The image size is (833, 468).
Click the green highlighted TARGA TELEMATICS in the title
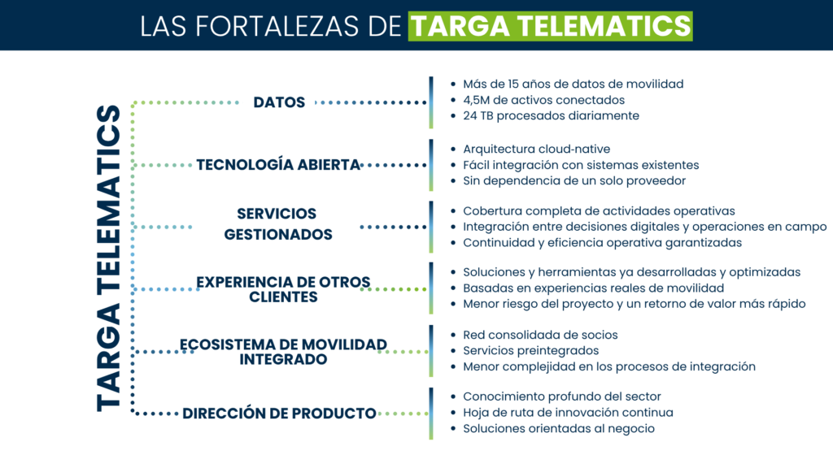pos(551,25)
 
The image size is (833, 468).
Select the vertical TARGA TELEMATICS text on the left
pos(108,257)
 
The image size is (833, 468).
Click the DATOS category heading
pos(279,102)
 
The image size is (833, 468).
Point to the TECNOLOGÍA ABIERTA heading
pos(278,165)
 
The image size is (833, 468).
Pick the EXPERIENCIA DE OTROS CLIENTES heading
pos(282,289)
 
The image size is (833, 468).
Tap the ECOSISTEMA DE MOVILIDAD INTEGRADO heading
pos(283,351)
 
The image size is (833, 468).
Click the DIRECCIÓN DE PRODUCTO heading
pos(279,413)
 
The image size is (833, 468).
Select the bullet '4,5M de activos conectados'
pos(543,100)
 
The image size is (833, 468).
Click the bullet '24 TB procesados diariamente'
pos(551,115)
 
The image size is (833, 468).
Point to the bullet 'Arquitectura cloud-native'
pos(536,149)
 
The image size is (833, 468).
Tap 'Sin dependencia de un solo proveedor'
pos(574,180)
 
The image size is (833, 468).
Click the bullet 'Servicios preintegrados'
pos(530,350)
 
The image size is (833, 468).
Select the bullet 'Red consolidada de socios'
pos(540,335)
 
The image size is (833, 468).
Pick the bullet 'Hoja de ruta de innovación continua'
pos(568,412)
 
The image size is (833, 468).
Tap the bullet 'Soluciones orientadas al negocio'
pos(558,428)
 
